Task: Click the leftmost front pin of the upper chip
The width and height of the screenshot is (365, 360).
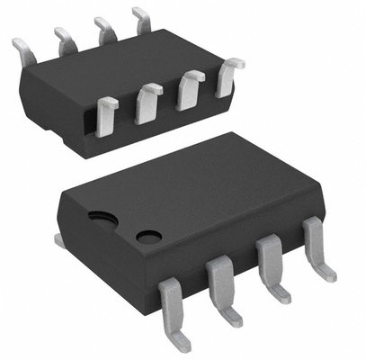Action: click(106, 115)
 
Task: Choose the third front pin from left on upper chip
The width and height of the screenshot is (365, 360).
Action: click(190, 90)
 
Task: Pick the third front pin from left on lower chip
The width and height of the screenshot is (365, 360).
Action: click(269, 265)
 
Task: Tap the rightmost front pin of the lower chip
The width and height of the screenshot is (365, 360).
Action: click(316, 245)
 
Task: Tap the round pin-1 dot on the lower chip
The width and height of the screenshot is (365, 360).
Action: click(148, 237)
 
